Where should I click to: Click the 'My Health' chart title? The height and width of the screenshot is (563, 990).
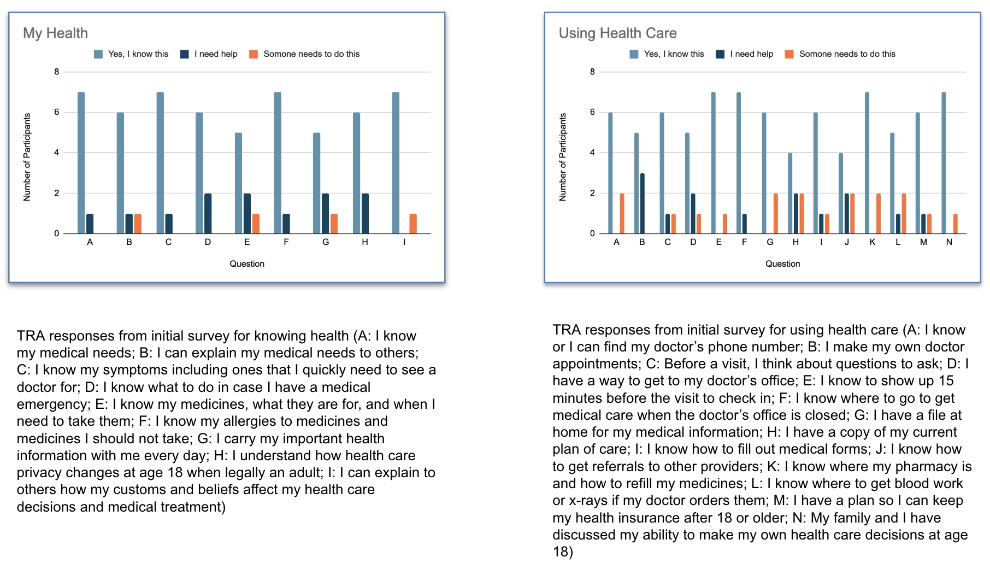tap(55, 33)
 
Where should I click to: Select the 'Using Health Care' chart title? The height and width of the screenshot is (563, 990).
tap(617, 33)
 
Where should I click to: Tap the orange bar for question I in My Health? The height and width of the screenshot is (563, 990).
tap(413, 224)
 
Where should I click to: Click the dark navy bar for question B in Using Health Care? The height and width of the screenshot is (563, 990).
tap(643, 203)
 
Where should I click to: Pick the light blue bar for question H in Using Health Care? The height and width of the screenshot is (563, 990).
tap(790, 193)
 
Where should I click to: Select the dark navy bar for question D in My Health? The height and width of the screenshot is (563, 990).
tap(208, 213)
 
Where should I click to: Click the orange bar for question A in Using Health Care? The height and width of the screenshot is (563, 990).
tap(622, 213)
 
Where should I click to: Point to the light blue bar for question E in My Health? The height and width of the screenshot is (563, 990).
tap(238, 183)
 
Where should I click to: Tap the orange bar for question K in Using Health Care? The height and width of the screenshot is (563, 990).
tap(879, 213)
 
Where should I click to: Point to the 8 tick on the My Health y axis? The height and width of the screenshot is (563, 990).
tap(57, 72)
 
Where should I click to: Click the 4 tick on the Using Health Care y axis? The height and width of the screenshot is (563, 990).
tap(592, 153)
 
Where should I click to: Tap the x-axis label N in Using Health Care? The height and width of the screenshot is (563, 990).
tap(949, 242)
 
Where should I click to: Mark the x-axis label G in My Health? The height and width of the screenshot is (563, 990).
tap(326, 242)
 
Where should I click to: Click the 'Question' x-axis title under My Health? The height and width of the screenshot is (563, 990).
tap(247, 263)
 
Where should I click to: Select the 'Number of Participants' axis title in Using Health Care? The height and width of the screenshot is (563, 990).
tap(563, 157)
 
